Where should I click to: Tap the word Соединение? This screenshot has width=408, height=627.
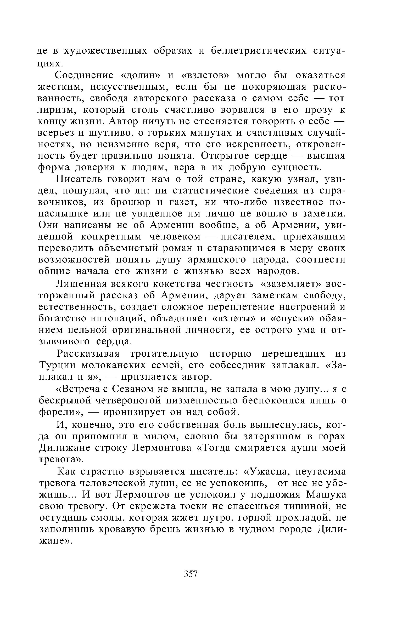[84, 76]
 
